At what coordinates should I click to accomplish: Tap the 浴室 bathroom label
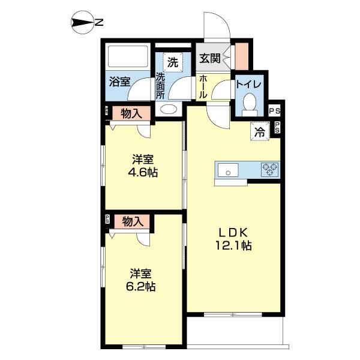pyautogui.click(x=119, y=81)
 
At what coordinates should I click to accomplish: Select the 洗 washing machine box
pyautogui.click(x=172, y=62)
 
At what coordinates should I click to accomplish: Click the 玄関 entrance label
pyautogui.click(x=210, y=59)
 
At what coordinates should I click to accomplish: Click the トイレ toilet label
pyautogui.click(x=247, y=85)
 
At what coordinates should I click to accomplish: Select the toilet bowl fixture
pyautogui.click(x=249, y=104)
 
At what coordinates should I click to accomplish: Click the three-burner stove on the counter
pyautogui.click(x=269, y=170)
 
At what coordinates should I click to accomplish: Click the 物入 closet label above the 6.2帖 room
pyautogui.click(x=133, y=221)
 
